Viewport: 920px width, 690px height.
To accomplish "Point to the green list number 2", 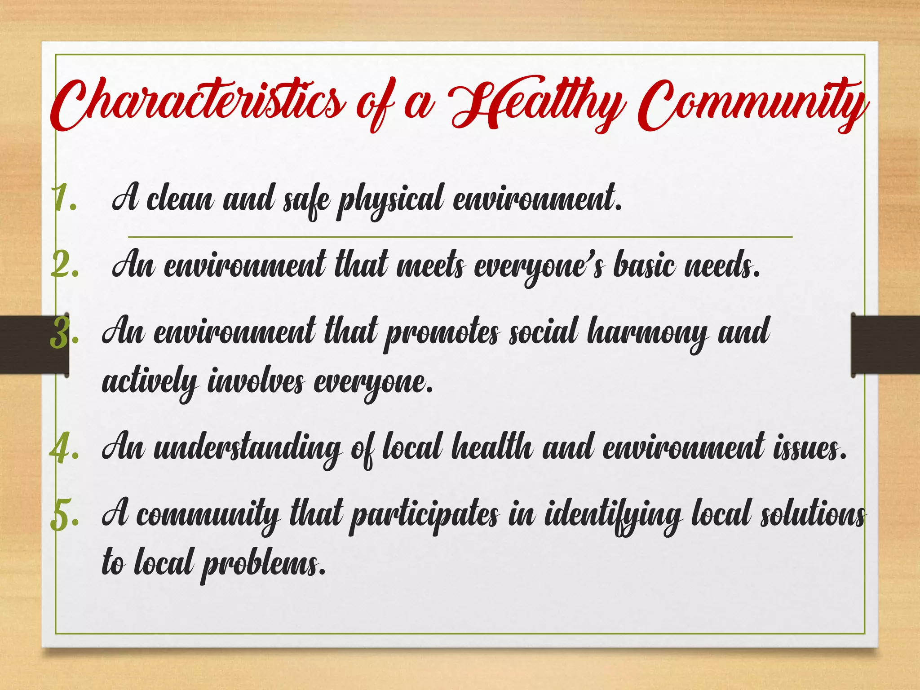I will point(65,265).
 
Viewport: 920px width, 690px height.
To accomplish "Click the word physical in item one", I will point(391,200).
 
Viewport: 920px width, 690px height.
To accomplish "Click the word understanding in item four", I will point(247,448).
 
